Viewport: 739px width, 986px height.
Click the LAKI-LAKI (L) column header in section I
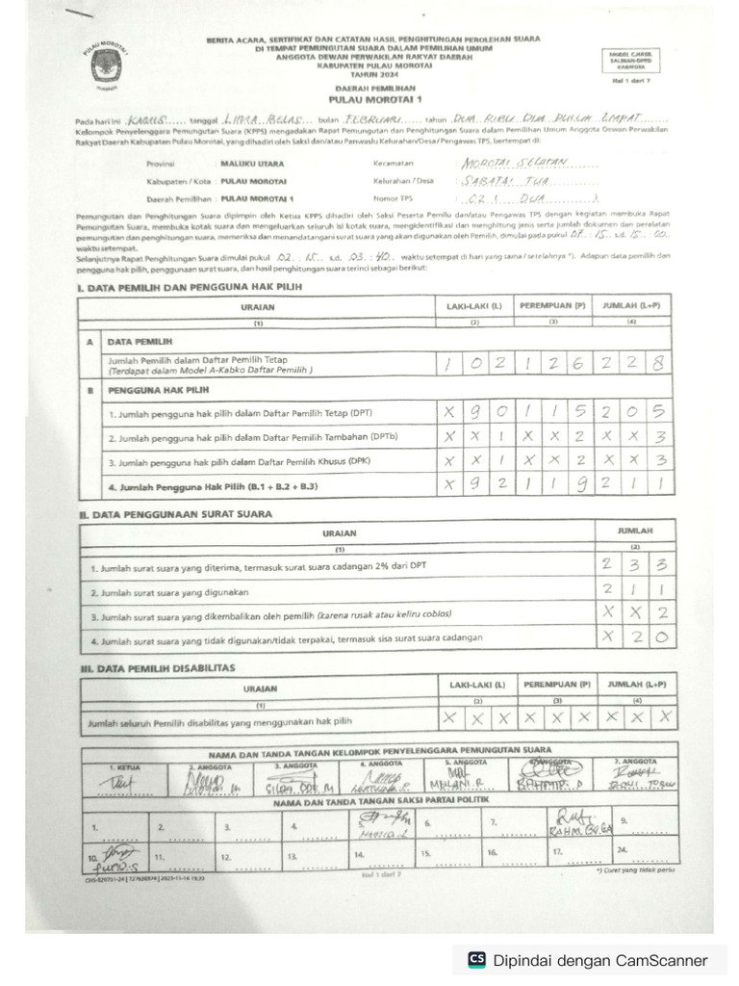(473, 306)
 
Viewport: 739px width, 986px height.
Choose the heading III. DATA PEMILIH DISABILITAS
(158, 667)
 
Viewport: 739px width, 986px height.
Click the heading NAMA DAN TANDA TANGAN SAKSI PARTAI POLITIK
(380, 801)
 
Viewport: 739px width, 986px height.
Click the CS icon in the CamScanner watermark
(476, 959)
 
